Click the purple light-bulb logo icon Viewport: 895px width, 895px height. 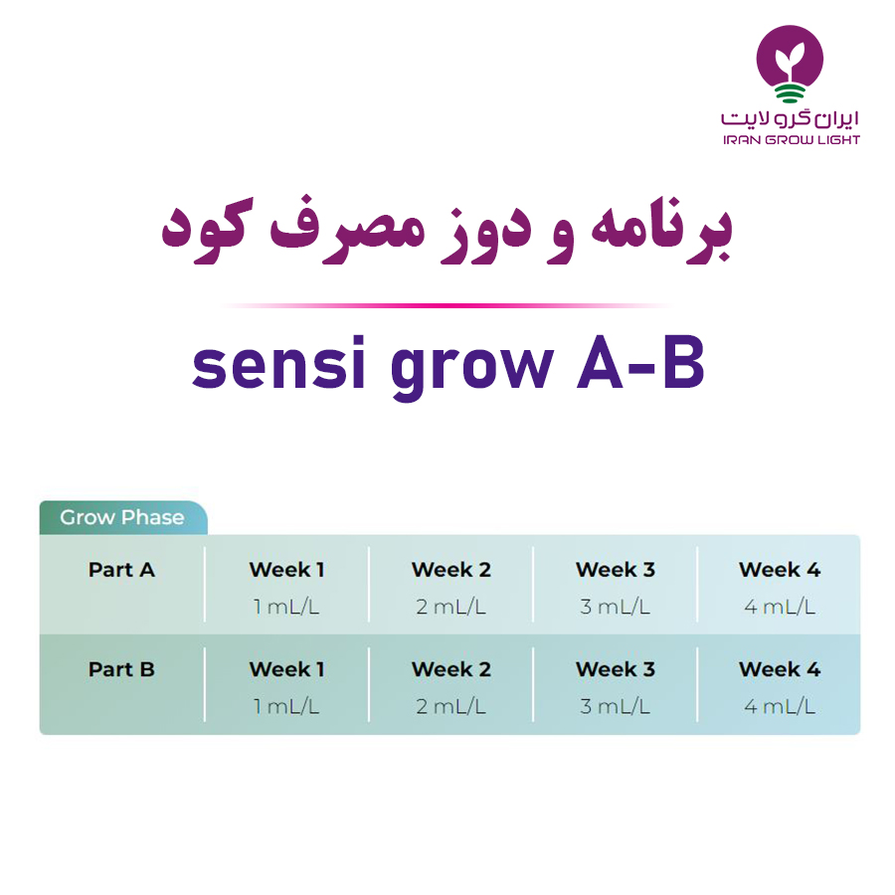790,64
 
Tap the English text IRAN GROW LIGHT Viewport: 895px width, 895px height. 792,140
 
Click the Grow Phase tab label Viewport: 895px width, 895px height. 122,517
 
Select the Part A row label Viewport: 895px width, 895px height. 121,570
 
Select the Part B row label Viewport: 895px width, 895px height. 121,669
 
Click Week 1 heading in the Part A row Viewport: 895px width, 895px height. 286,570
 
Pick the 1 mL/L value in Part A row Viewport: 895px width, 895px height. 286,607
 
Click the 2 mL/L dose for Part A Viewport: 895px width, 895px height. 450,607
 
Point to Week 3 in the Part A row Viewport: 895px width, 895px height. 616,570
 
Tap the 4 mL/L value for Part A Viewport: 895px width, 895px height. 780,607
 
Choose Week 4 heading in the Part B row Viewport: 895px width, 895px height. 780,669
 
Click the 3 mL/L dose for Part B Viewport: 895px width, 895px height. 616,707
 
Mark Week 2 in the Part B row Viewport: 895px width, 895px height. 450,669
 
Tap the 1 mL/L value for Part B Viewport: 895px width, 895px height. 286,707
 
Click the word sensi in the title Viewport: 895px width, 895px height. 278,363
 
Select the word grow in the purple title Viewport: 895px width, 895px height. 472,369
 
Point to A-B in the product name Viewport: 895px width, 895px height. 641,362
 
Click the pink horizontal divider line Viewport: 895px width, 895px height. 447,305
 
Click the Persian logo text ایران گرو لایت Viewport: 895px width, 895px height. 790,118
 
